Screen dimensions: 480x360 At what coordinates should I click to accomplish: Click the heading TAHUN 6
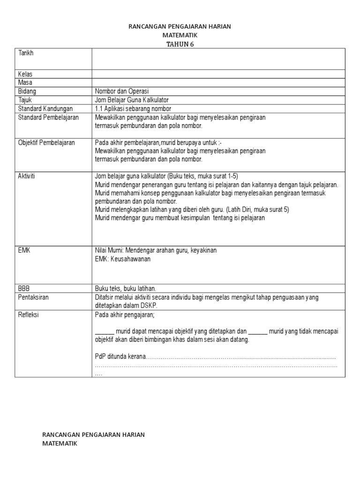[x=180, y=44]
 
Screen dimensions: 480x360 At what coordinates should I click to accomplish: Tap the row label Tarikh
[x=26, y=53]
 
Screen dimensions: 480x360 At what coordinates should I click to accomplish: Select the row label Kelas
[x=25, y=74]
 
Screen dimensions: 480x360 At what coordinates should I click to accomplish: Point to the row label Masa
[x=25, y=82]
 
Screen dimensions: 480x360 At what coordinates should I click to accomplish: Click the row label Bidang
[x=27, y=91]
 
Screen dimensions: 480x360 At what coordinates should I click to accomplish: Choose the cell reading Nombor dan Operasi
[x=122, y=91]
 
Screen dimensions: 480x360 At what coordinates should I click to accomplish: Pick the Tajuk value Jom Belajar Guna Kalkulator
[x=132, y=100]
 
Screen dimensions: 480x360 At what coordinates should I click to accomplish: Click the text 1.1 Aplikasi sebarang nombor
[x=130, y=109]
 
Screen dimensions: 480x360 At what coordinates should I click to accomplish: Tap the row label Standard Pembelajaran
[x=48, y=117]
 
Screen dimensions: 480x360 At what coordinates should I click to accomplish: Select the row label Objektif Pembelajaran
[x=46, y=142]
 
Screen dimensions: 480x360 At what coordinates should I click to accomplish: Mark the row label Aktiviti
[x=27, y=176]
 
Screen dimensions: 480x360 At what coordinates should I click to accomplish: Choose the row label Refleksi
[x=29, y=315]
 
